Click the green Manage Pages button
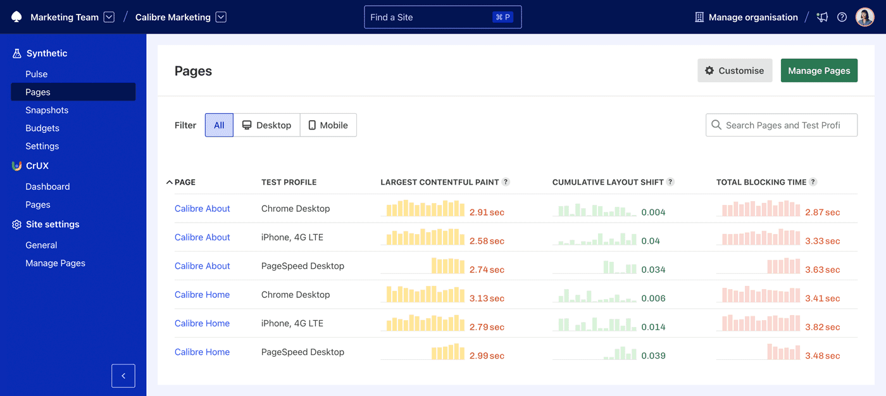pos(819,71)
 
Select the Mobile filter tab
pos(328,125)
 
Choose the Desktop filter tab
pos(266,125)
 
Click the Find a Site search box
pos(442,17)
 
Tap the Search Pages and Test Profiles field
pos(782,125)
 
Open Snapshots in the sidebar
pos(47,110)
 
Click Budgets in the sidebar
pos(42,128)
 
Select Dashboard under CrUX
pos(47,187)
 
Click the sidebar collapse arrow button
pos(123,376)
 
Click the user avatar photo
pos(864,17)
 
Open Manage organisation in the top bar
pos(746,17)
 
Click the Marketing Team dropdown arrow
pos(109,17)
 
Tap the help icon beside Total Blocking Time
pos(813,182)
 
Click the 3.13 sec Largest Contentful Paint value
pos(487,299)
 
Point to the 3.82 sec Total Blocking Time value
pos(822,327)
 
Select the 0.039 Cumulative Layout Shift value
pos(653,356)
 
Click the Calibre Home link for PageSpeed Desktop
pos(202,352)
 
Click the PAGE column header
pos(184,182)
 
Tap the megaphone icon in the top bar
pos(822,17)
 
